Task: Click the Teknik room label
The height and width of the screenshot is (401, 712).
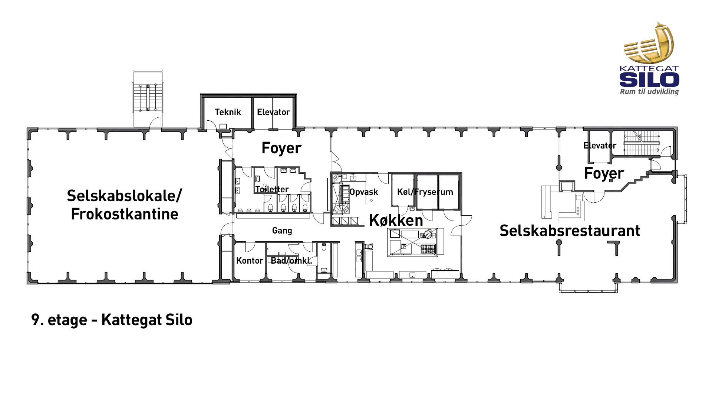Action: (228, 112)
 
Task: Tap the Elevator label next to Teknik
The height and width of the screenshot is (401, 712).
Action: (273, 112)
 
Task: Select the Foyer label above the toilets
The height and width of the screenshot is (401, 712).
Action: (281, 148)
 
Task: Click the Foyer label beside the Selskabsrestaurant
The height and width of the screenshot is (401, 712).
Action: (604, 173)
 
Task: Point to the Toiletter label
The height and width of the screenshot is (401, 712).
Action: (272, 189)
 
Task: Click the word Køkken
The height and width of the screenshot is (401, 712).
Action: (396, 221)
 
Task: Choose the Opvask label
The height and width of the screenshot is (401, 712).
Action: (364, 192)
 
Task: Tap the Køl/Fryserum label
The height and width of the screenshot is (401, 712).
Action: (425, 192)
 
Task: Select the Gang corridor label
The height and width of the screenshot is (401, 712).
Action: (282, 231)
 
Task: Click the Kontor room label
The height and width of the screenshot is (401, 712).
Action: (250, 261)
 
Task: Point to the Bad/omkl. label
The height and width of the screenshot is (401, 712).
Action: (291, 261)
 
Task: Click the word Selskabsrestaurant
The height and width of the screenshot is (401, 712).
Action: (570, 231)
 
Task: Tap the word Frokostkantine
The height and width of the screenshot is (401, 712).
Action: (125, 214)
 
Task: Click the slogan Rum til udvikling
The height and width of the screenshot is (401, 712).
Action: (649, 92)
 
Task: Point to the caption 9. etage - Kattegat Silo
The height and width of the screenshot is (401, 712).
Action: (112, 320)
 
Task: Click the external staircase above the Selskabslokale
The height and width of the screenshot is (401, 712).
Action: (148, 98)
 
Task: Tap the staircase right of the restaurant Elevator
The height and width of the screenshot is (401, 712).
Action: (642, 143)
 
